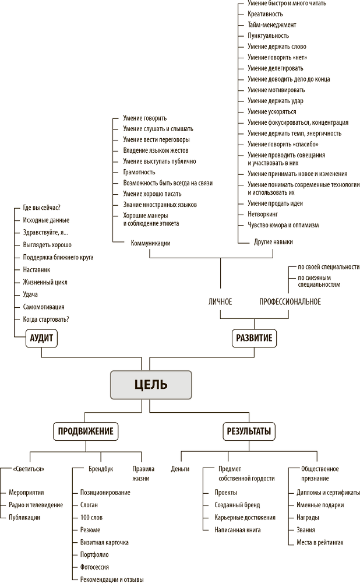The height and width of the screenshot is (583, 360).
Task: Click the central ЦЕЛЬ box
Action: click(150, 384)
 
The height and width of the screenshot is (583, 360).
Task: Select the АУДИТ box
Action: click(44, 339)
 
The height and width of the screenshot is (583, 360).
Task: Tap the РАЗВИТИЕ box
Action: click(253, 339)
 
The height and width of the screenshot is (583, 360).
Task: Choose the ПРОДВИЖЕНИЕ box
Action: click(86, 432)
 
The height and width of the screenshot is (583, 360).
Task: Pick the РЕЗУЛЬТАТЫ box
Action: click(249, 432)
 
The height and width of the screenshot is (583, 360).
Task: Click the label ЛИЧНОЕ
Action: click(220, 301)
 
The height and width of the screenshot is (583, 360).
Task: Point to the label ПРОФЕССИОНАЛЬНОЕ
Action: click(290, 301)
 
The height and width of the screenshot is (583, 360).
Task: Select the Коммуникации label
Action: click(151, 243)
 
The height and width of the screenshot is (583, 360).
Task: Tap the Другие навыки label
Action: click(273, 241)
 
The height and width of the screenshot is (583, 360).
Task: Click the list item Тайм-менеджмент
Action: click(271, 25)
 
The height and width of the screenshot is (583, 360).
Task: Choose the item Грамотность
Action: click(139, 172)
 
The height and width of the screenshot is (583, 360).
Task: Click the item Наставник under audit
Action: click(37, 270)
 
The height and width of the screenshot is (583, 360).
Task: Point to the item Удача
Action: click(30, 294)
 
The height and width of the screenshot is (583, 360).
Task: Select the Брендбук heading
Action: click(101, 469)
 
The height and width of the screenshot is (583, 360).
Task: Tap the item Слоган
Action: click(89, 505)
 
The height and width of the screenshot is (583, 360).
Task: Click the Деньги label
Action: click(180, 469)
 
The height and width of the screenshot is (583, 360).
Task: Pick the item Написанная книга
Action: click(238, 530)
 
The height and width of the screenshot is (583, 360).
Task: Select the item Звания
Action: click(306, 530)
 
